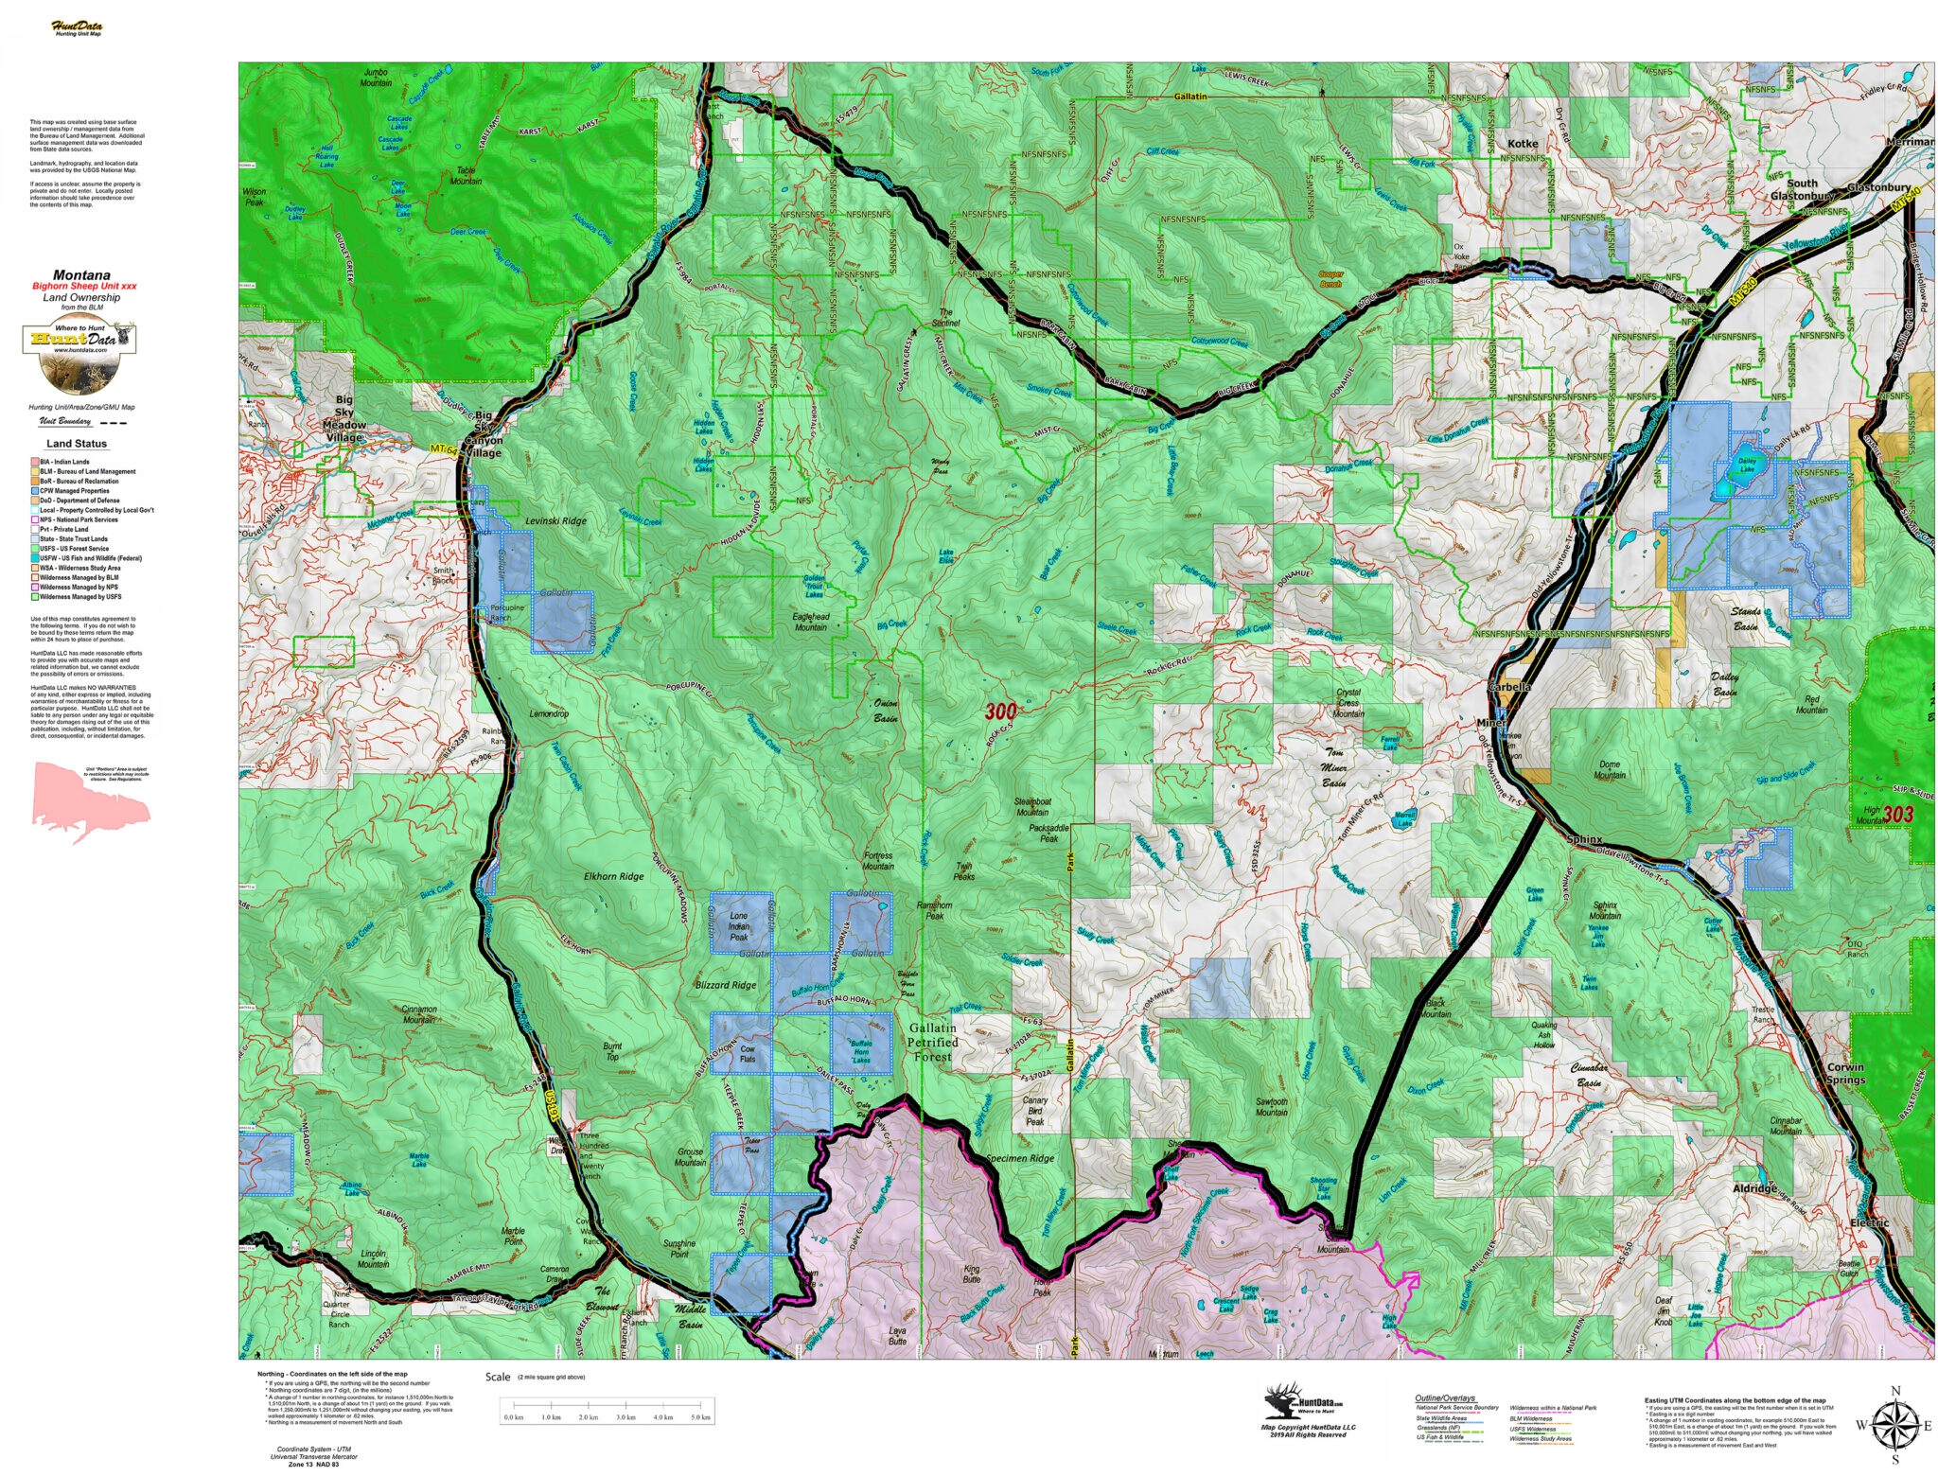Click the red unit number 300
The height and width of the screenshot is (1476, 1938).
coord(1000,712)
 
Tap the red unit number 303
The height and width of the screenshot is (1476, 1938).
coord(1897,814)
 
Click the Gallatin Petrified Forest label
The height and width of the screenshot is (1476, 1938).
coord(932,1042)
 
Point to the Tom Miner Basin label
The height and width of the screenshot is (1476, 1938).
coord(1334,767)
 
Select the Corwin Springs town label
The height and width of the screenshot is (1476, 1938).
coord(1845,1073)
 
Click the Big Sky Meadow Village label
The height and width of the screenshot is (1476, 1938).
coord(344,418)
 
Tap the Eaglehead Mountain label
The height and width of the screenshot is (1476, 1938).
coord(811,622)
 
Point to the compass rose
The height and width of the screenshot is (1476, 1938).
coord(1894,1424)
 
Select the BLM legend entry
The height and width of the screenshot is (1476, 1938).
coord(87,471)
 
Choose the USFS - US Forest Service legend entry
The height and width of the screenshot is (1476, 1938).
coord(74,549)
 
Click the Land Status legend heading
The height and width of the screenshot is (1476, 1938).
coord(77,444)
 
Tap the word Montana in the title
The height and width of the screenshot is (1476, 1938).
coord(81,275)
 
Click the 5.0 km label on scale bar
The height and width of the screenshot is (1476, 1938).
coord(700,1417)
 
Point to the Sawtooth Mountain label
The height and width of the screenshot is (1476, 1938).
coord(1271,1107)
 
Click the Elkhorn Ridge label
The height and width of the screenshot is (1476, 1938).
coord(613,876)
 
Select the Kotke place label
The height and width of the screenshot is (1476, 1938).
coord(1523,144)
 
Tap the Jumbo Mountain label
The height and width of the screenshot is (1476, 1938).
coord(376,78)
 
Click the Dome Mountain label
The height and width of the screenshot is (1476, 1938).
coord(1610,769)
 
